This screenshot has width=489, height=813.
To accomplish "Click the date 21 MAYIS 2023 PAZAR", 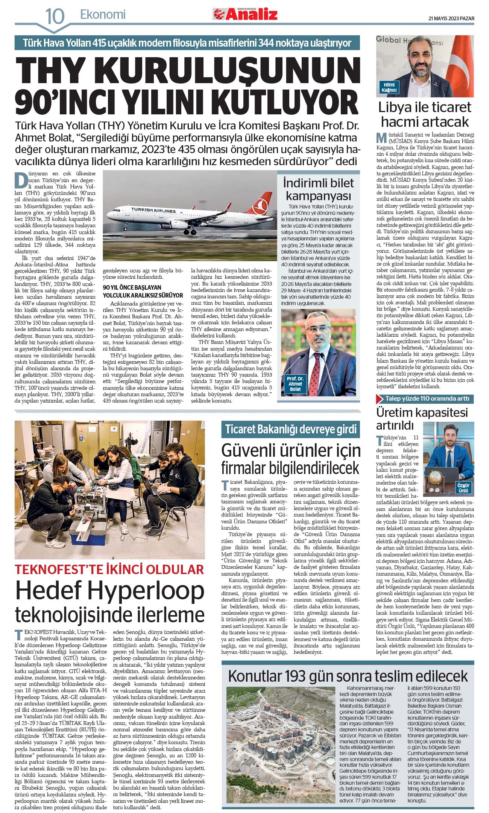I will click(451, 18).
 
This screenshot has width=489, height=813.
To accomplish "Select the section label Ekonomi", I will click(103, 15).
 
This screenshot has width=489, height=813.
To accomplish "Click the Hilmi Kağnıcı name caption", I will click(389, 87).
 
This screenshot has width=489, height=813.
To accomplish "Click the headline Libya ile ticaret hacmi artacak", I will click(425, 114).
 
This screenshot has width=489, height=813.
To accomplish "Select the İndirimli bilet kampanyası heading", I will click(318, 189).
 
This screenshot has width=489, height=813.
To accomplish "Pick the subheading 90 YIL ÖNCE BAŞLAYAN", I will click(132, 287).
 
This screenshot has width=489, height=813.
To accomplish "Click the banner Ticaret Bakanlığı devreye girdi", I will click(291, 429).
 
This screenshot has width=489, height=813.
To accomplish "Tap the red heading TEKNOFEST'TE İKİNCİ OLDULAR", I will click(109, 569).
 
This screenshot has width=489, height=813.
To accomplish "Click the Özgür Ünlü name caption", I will click(463, 488).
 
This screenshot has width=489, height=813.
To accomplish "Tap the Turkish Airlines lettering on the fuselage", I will click(153, 210).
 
